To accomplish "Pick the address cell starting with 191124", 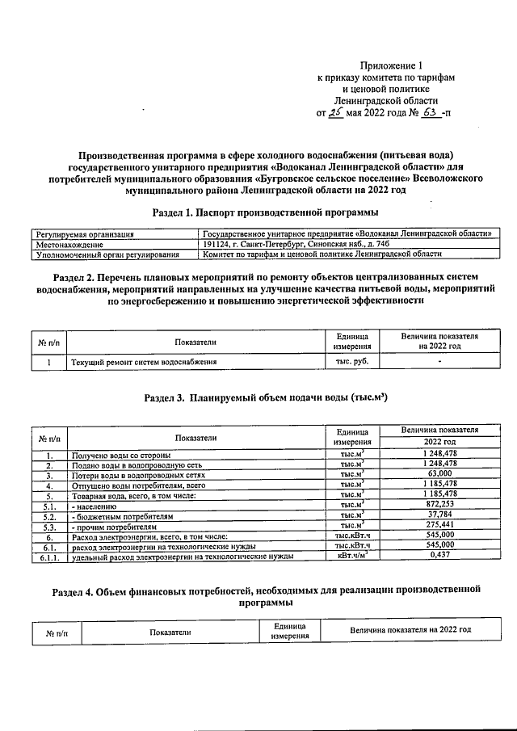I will coord(297,244).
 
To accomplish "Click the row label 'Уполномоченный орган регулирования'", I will coord(107,254).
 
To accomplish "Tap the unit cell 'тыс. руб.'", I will coord(352,361).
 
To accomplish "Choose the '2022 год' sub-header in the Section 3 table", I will coord(439,443).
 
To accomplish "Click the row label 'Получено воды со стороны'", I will coord(121,456).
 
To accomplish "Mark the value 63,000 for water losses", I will coord(439,475).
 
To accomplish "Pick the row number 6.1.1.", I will coord(48,557).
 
